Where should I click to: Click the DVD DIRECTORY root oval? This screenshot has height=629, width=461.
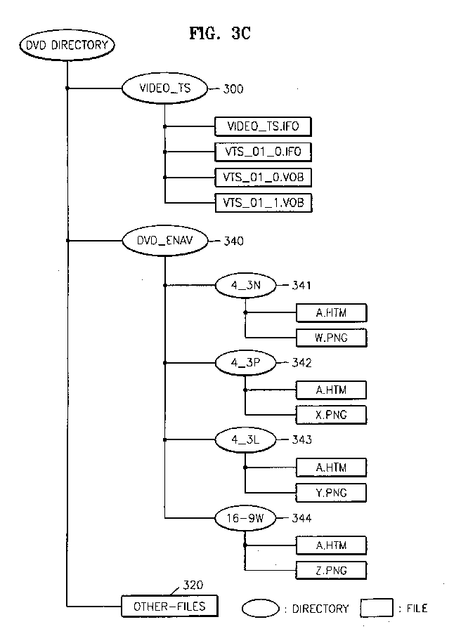coord(67,44)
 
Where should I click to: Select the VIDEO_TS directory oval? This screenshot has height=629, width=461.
coord(164,88)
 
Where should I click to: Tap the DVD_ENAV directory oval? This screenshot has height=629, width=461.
coord(165,241)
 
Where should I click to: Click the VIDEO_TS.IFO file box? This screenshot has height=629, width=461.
coord(263,127)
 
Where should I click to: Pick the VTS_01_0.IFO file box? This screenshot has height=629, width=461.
coord(263,152)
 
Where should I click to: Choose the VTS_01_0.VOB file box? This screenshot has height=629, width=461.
coord(263,178)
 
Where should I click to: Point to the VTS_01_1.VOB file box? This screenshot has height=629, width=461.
coord(263,203)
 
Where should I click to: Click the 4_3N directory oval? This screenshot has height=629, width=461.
coord(246,286)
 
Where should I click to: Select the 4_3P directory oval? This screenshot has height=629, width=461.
coord(246,363)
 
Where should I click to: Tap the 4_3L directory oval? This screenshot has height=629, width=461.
coord(246,440)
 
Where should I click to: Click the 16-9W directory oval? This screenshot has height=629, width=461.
coord(246,518)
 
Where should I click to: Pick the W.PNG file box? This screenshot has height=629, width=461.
coord(331,338)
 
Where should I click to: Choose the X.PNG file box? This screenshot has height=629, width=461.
coord(331,415)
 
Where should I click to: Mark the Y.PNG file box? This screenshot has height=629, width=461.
coord(331,493)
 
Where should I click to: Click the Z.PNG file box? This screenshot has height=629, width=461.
coord(331,570)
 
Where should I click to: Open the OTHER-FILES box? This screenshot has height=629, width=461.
coord(169,606)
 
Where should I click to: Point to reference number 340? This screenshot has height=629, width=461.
coord(234,241)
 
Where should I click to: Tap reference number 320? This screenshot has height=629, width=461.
coord(193,585)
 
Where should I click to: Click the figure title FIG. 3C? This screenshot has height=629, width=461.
coord(220,33)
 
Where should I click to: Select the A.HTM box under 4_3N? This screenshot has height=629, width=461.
coord(331,313)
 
